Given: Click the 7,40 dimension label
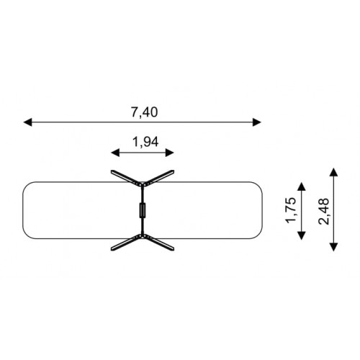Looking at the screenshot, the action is (x=144, y=112).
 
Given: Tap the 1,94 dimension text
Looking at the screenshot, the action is (x=145, y=142).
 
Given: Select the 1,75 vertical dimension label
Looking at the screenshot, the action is (x=290, y=210).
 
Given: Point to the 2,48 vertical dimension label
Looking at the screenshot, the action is (x=323, y=212).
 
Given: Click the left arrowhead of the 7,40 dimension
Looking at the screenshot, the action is (x=27, y=122).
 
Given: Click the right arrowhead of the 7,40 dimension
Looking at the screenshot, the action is (x=257, y=122).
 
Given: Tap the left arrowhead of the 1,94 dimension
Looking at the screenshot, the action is (x=115, y=153).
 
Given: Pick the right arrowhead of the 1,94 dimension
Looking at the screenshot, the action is (x=170, y=153).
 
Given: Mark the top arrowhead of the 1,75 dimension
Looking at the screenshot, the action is (x=302, y=186).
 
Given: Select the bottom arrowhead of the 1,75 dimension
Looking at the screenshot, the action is (x=302, y=235).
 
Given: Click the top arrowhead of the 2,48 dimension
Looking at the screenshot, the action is (x=334, y=172).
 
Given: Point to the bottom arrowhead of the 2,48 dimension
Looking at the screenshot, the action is (x=334, y=247).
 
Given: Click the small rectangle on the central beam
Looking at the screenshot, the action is (x=143, y=210).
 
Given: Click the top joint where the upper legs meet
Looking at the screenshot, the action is (x=143, y=184).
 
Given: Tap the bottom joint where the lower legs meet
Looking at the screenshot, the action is (x=143, y=237).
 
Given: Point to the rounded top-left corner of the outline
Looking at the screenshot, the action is (x=25, y=184).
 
